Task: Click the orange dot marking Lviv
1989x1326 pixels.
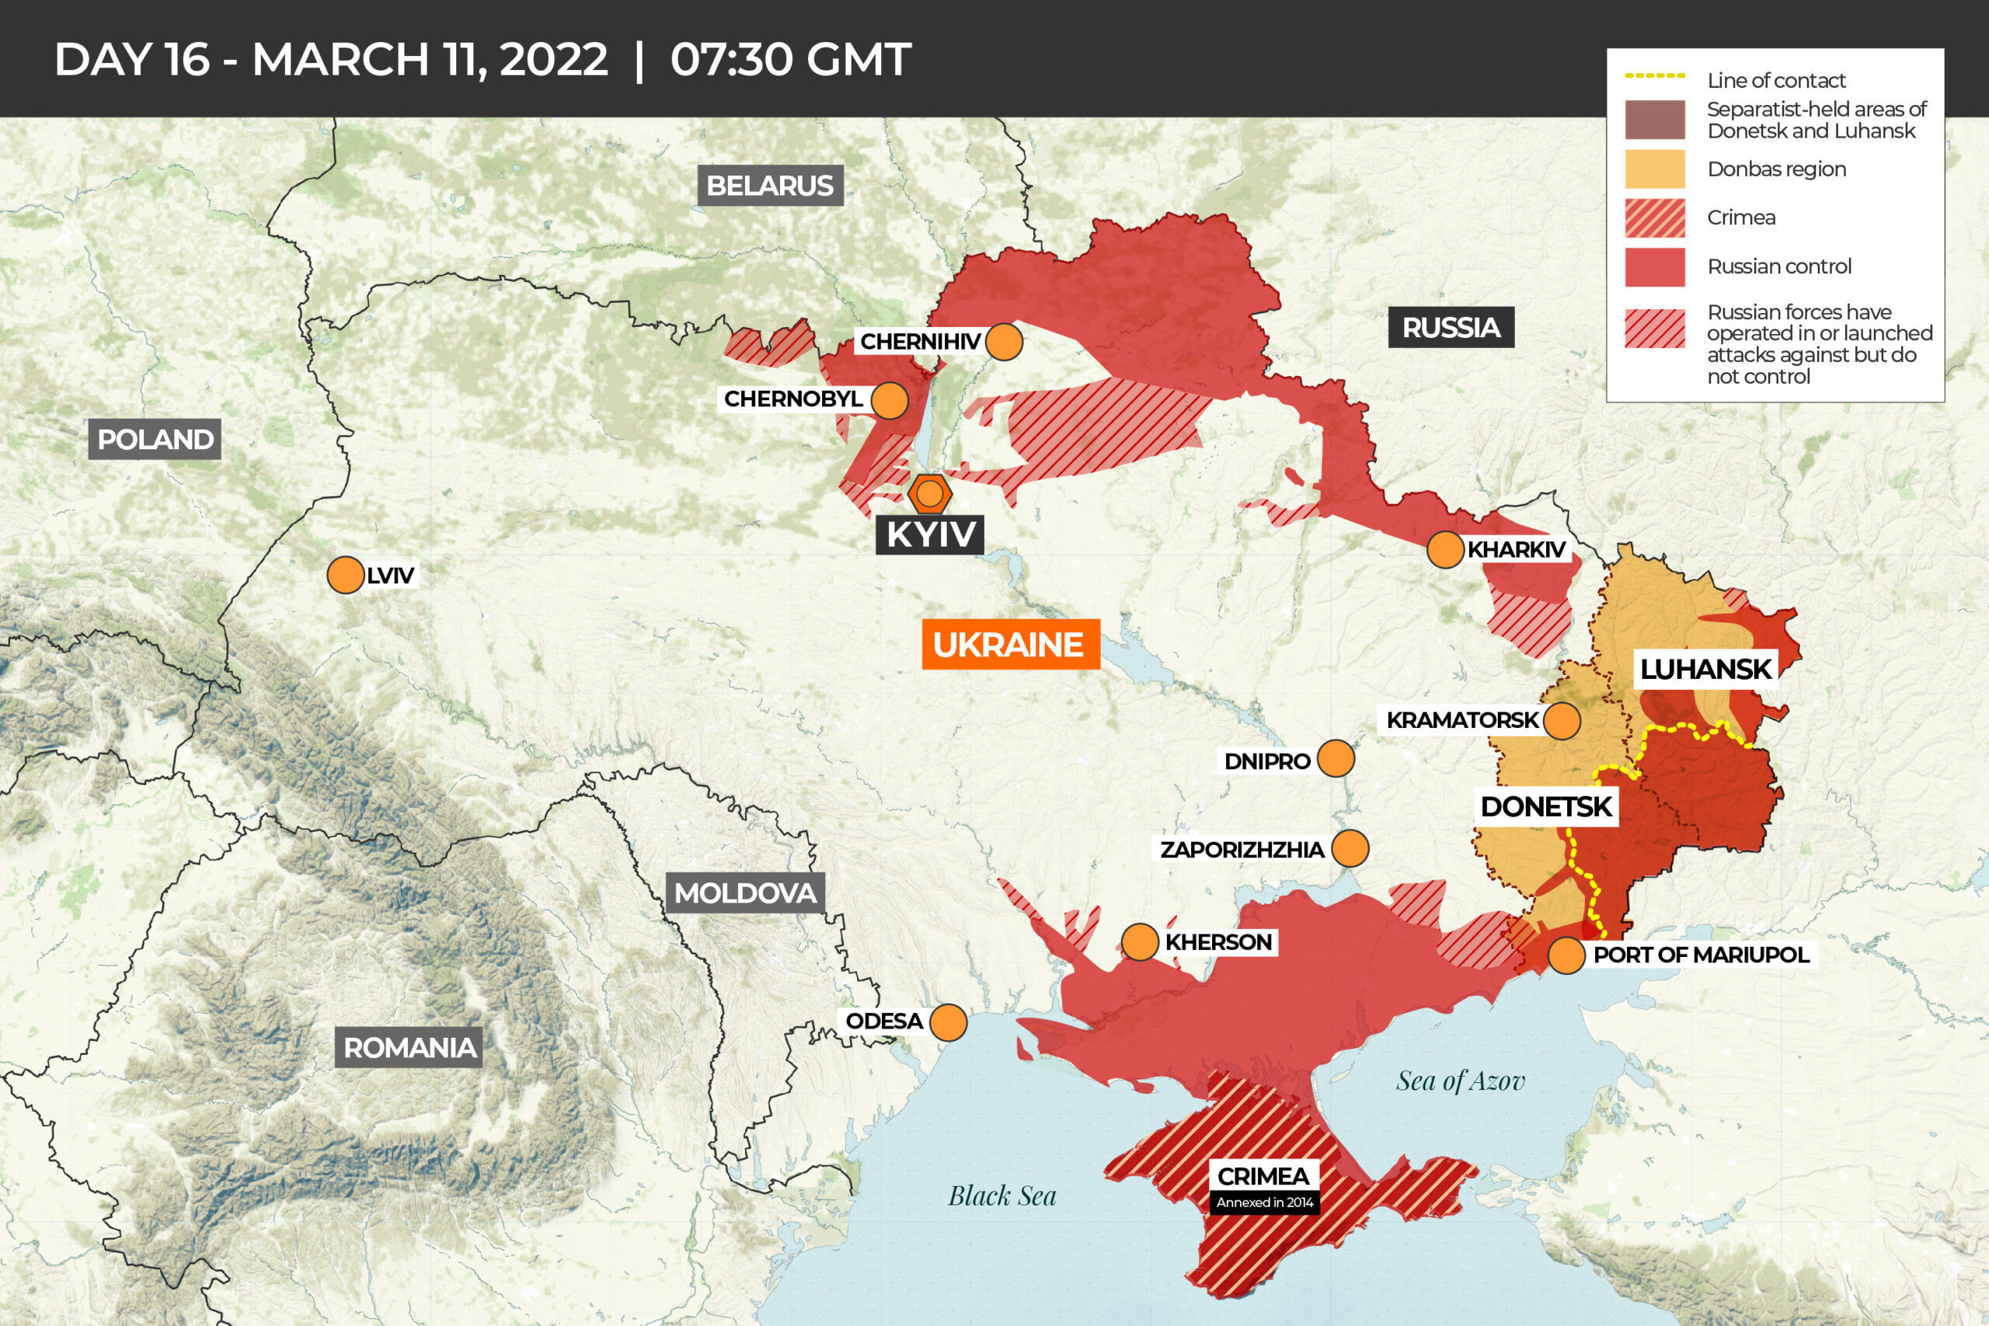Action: (346, 575)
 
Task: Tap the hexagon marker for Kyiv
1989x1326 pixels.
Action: (930, 493)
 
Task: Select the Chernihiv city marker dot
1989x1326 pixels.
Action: (1004, 342)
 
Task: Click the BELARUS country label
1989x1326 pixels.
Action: (769, 185)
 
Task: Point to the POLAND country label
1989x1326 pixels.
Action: (155, 439)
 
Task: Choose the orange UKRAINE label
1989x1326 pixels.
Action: (1009, 645)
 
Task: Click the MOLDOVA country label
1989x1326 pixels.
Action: (745, 893)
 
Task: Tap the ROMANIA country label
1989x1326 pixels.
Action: (409, 1048)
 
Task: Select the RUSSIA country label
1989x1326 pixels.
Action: (1451, 327)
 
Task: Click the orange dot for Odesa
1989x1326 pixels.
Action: (948, 1022)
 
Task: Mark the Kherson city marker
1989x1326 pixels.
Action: (1140, 942)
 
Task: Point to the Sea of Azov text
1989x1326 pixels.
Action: (1461, 1081)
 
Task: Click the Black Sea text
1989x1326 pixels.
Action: (1002, 1195)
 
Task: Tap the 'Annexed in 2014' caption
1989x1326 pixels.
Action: (1264, 1202)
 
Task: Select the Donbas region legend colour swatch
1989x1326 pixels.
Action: (1654, 169)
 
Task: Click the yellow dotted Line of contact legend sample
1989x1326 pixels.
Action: (1654, 76)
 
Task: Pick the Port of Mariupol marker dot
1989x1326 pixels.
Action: (1566, 955)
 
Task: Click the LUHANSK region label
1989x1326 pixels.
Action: (1705, 669)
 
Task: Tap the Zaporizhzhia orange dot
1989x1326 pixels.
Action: (1350, 848)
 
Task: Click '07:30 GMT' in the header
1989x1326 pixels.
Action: (791, 59)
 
